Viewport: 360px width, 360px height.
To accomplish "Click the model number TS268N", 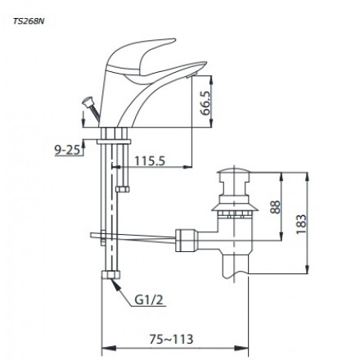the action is tap(29, 21).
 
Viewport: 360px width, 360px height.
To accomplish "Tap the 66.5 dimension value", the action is tap(205, 103).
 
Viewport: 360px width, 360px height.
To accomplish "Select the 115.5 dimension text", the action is tap(150, 161).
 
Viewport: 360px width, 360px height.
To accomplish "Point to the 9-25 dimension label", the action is tap(68, 150).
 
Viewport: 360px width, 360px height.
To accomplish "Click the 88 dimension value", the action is tap(275, 207).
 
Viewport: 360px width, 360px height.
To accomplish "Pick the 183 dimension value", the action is tap(301, 224).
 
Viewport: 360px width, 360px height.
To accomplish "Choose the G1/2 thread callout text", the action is tap(149, 300).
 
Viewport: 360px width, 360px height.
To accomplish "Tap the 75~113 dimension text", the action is tap(171, 340).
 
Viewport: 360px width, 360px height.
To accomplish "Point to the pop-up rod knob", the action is tap(88, 102).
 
